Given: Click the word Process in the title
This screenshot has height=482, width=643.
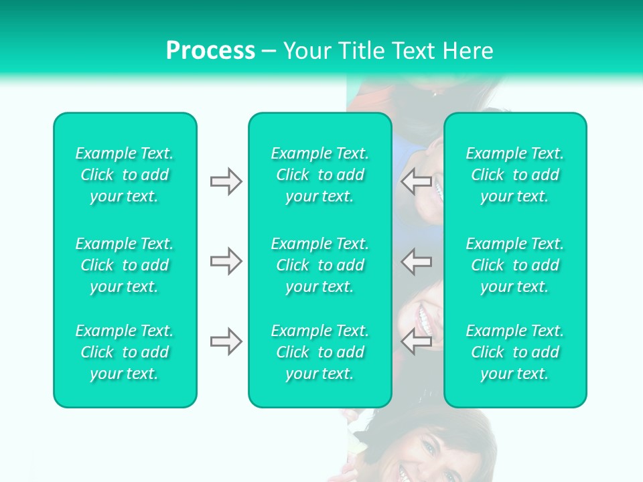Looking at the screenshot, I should pos(210,51).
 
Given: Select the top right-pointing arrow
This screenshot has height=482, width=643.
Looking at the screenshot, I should pos(226,181).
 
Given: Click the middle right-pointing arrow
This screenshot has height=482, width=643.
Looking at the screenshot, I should pos(226,261).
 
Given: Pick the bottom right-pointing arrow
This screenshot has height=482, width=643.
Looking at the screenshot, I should pos(226,341).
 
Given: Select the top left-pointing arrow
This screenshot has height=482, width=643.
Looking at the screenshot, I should pos(416,181).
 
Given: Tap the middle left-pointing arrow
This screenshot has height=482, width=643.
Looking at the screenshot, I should pos(416,261).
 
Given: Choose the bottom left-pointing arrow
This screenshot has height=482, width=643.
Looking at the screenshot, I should pos(416,341).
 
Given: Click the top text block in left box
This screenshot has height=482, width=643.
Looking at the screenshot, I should pos(125,175).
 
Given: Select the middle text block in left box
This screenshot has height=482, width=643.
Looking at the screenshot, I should pos(125,265).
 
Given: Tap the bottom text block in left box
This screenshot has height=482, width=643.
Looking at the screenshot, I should pos(125,352).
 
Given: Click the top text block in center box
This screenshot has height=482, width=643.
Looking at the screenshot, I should pos(320,175).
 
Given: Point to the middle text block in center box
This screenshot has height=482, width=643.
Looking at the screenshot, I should pos(320,265).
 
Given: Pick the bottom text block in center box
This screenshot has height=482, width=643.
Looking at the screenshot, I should pos(320,352).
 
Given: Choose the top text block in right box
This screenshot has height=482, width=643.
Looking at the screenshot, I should pos(515,175).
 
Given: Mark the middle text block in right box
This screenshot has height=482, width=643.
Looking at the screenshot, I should pos(515,265).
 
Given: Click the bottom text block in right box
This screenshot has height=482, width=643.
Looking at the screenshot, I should pos(515,352).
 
